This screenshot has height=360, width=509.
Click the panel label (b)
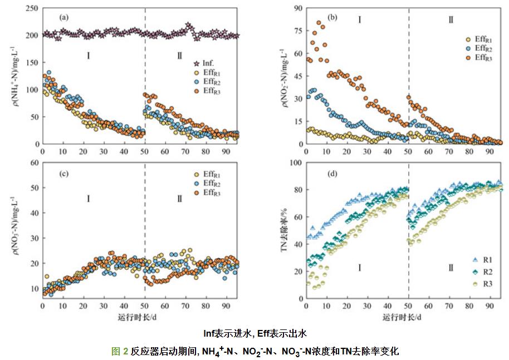333,17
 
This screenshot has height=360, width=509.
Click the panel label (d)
333,173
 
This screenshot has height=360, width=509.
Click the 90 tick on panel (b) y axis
297,9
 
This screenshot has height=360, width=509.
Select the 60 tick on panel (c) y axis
33,162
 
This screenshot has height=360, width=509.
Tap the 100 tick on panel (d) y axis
296,162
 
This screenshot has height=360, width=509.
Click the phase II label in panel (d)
450,268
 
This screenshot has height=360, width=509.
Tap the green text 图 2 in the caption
120,351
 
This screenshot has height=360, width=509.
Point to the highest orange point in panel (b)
319,23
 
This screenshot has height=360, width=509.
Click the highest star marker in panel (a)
188,26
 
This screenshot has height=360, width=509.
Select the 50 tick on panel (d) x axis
408,307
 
